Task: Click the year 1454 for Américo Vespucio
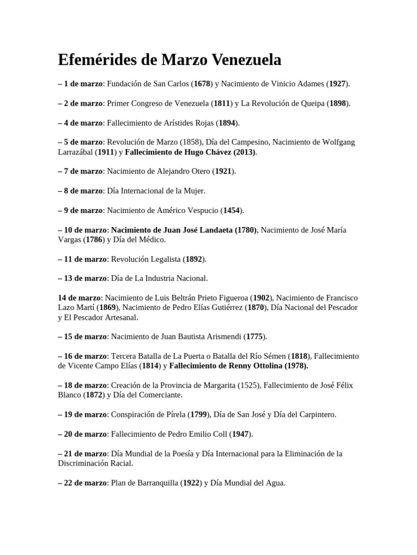click(231, 210)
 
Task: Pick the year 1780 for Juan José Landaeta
click(245, 230)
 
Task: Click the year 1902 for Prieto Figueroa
click(262, 298)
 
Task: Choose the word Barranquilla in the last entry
click(153, 482)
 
